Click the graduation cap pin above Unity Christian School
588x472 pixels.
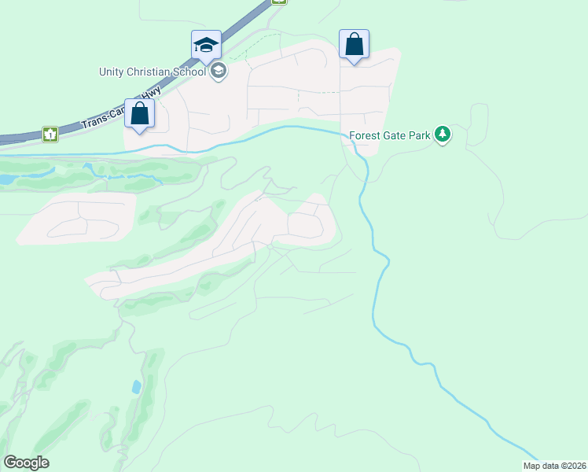click(206, 45)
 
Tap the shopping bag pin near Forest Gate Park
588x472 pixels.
click(354, 44)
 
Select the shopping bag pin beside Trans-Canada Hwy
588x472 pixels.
click(139, 114)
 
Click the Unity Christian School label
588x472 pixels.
click(153, 72)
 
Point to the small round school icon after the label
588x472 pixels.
click(219, 72)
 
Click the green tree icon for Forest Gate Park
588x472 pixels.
click(443, 135)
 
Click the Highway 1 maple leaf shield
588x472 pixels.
click(50, 135)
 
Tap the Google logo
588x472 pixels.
click(26, 463)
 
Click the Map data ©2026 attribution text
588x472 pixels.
click(555, 466)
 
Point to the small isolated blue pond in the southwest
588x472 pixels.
click(137, 387)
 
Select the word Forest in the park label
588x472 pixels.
click(365, 135)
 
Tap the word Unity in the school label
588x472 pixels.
click(112, 72)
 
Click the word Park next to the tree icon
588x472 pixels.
click(420, 135)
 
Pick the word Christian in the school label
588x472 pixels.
click(149, 72)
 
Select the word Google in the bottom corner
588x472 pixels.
click(26, 463)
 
